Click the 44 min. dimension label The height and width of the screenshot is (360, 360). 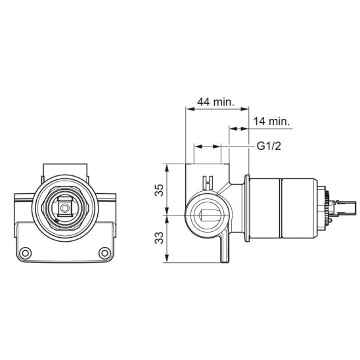[216, 102]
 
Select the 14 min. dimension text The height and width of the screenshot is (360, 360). [271, 121]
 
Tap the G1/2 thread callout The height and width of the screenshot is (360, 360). [269, 146]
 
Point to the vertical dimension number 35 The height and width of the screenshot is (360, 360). [159, 190]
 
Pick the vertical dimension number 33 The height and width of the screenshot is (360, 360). [159, 238]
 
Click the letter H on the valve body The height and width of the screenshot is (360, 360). [208, 183]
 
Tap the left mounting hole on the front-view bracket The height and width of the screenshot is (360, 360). [26, 253]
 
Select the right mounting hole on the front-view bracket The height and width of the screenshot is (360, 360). [104, 253]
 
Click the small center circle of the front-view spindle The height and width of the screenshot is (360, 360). [65, 208]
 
